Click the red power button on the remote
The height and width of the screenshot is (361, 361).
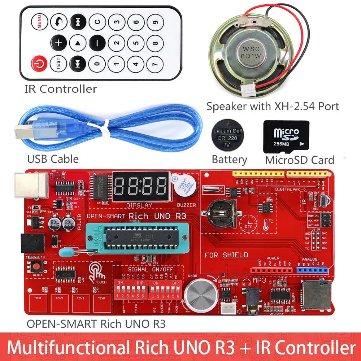coord(39,64)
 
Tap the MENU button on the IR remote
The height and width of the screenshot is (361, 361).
coord(39,22)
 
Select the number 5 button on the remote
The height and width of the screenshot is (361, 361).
coord(136,43)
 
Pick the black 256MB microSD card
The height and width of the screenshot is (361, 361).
coord(286,136)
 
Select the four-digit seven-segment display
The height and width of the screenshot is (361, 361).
coord(141,187)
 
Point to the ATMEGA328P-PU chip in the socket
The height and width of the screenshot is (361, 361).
coord(137,237)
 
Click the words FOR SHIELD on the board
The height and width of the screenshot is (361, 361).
coord(226,255)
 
